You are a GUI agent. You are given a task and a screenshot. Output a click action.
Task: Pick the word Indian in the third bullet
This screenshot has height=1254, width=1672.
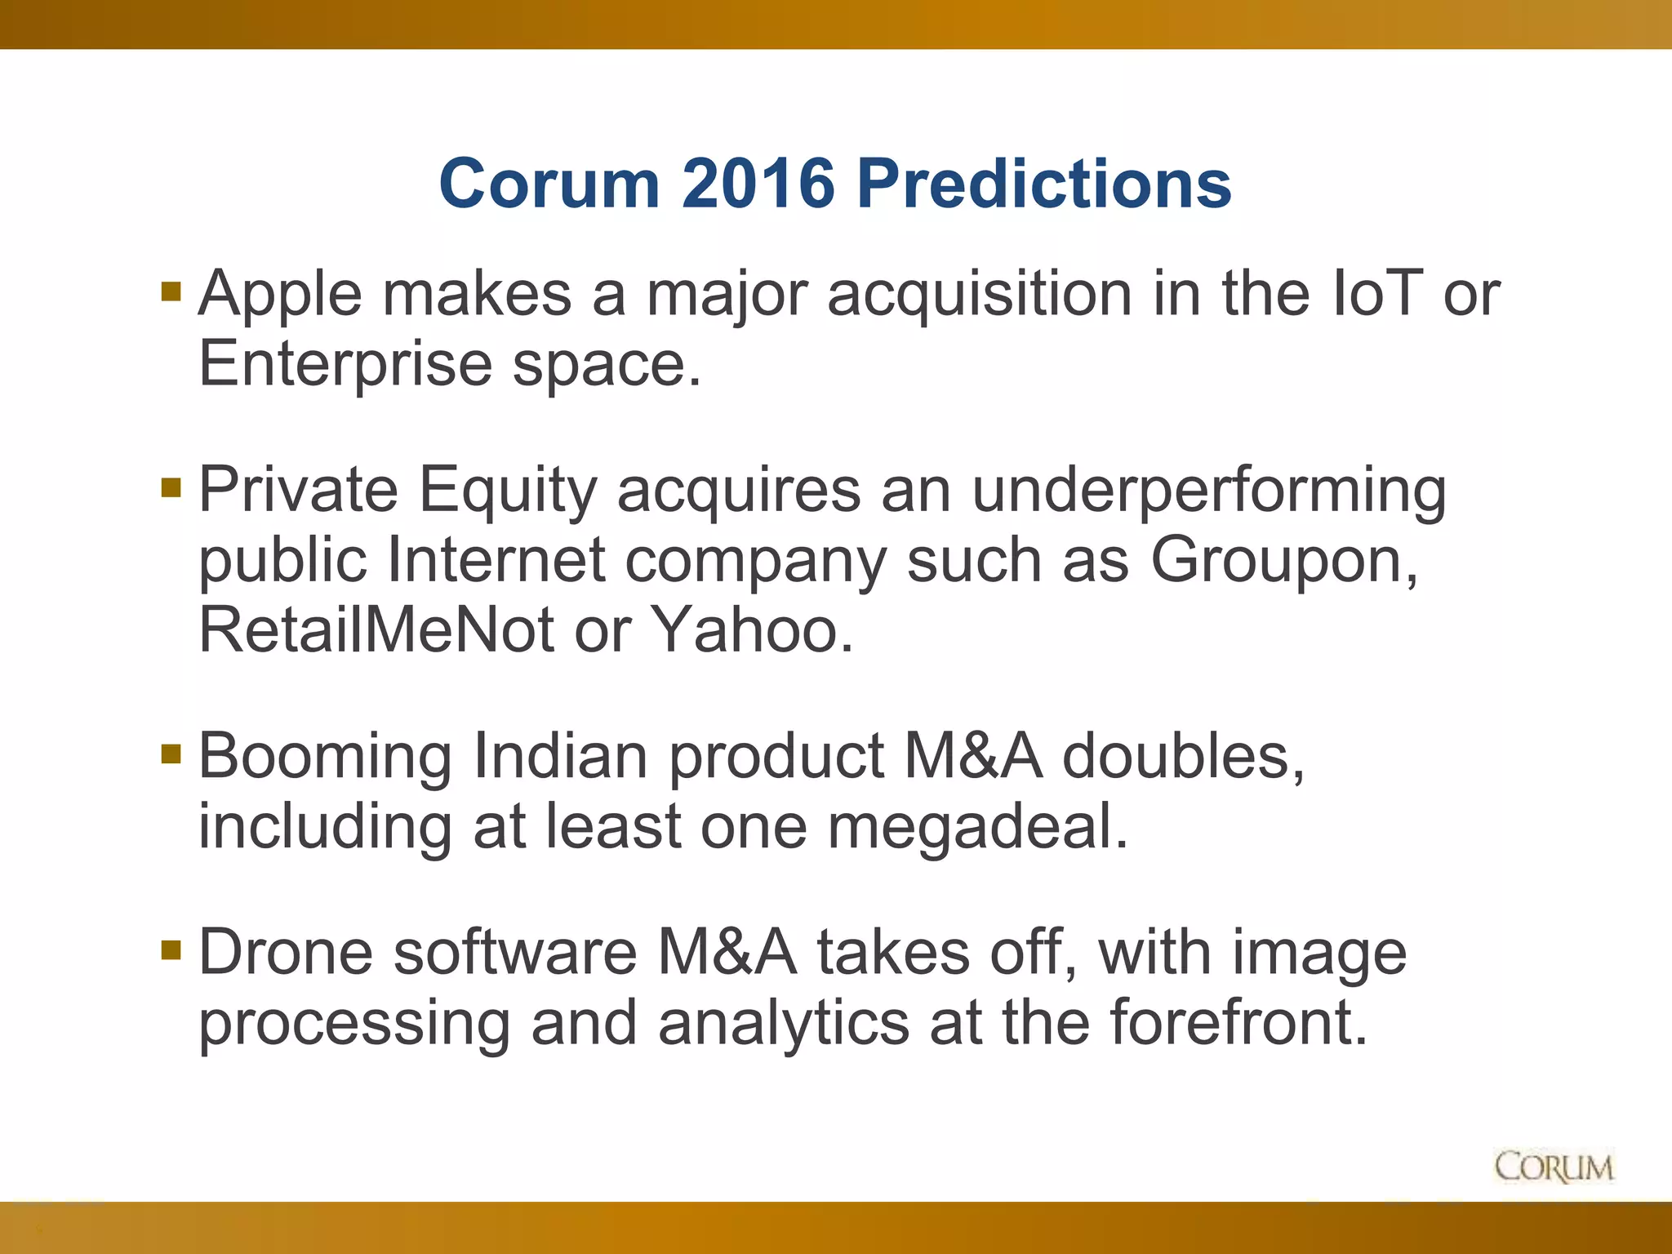click(560, 757)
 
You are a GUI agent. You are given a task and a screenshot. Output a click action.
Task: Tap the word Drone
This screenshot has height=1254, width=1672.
click(286, 953)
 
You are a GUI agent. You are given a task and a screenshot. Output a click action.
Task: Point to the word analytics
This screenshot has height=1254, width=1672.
click(784, 1024)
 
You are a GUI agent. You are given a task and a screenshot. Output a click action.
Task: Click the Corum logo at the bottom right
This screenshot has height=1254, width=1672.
click(1554, 1167)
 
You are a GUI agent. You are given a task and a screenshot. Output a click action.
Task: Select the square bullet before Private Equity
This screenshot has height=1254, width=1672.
click(171, 488)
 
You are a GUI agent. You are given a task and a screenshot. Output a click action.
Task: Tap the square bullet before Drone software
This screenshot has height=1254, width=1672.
click(171, 949)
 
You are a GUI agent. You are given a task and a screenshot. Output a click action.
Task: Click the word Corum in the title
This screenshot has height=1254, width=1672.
click(549, 184)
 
